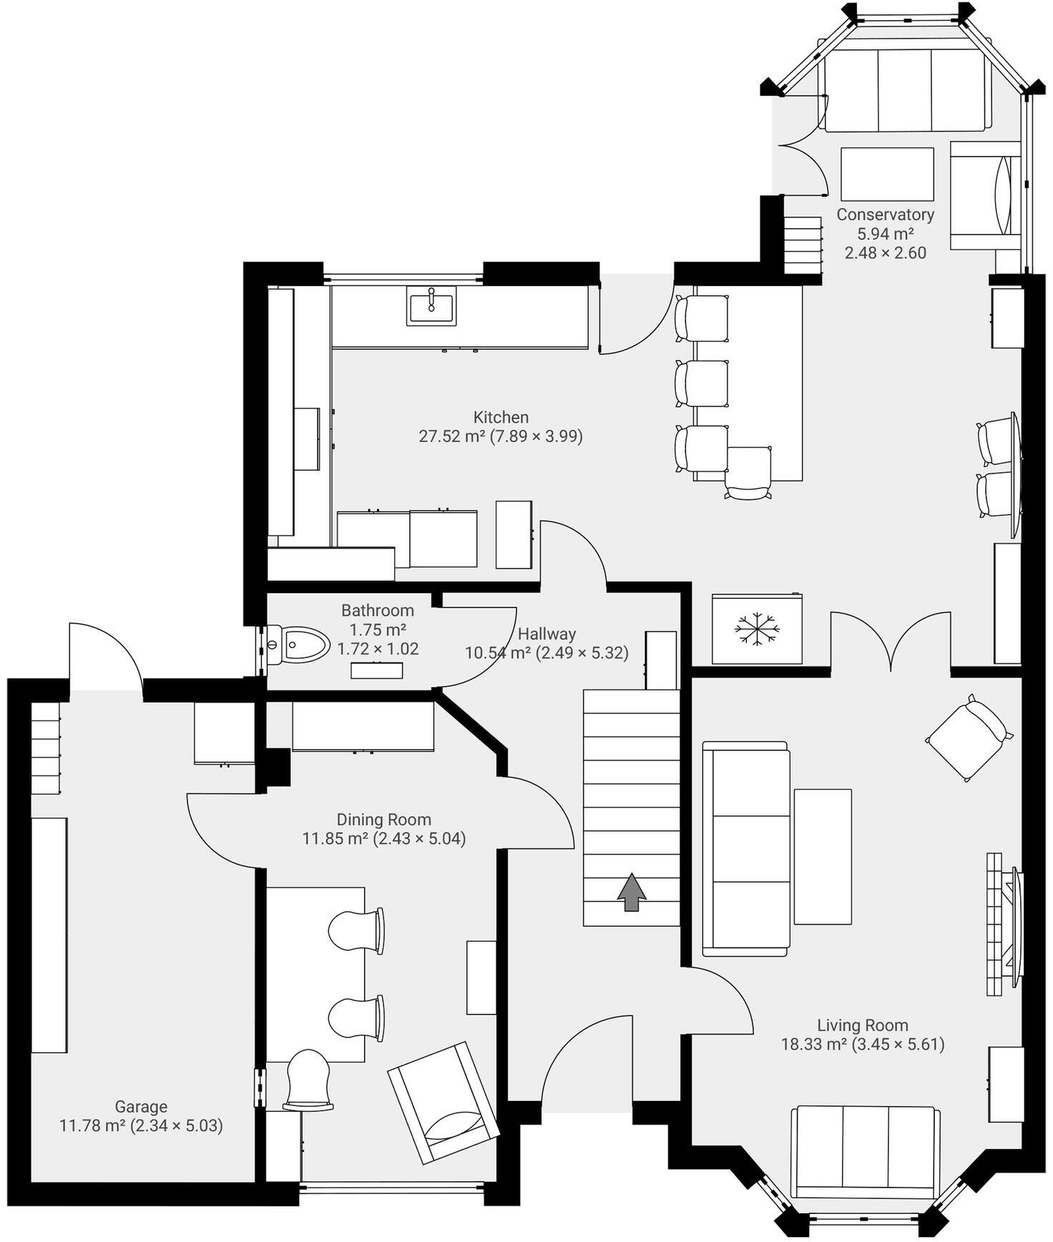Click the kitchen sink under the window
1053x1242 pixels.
[431, 305]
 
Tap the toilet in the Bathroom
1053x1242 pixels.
[298, 645]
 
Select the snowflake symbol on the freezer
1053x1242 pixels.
[757, 630]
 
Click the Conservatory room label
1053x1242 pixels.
[885, 215]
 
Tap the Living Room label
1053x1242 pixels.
[862, 1025]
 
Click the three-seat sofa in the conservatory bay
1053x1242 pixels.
[905, 90]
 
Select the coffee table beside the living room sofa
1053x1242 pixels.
[823, 856]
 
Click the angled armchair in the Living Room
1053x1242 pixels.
[968, 738]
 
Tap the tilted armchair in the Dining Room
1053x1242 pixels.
[443, 1102]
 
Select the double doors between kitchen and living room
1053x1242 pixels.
[891, 640]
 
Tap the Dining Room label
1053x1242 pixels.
[383, 819]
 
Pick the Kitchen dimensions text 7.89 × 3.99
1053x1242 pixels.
[536, 436]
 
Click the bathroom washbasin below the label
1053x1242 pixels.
[376, 670]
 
